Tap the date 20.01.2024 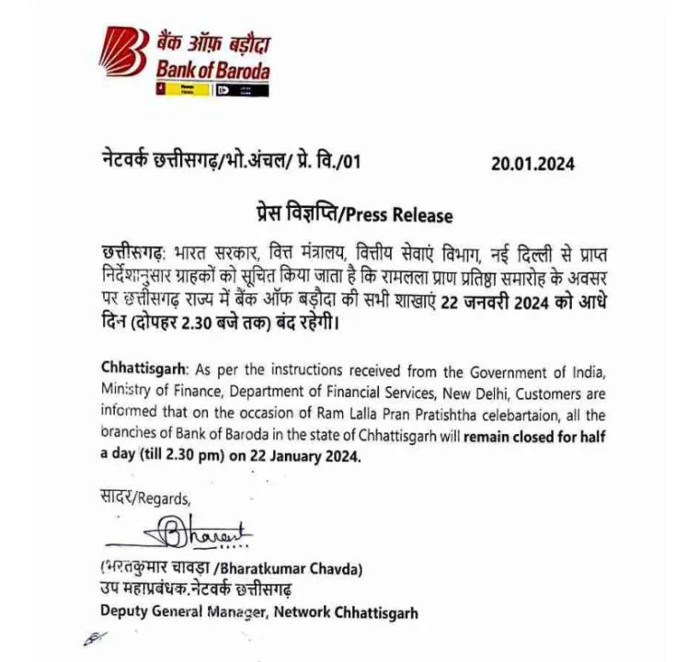coord(532,164)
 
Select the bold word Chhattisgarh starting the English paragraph coord(141,371)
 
